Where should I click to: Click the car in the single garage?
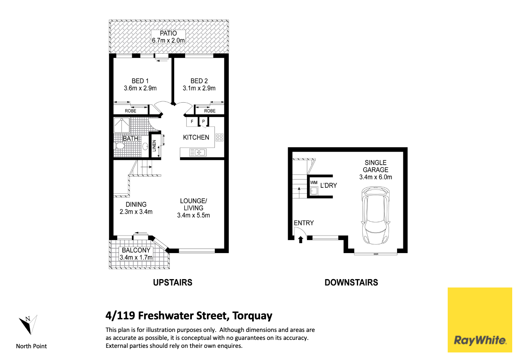click(375, 215)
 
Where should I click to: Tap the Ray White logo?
click(480, 320)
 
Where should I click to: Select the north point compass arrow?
click(28, 324)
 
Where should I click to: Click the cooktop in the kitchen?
click(219, 137)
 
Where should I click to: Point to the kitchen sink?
click(197, 153)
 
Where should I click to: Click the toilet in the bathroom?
click(119, 146)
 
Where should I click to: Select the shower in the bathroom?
click(121, 125)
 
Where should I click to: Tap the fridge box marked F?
click(192, 122)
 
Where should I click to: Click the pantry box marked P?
click(204, 122)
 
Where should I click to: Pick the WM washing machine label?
click(314, 183)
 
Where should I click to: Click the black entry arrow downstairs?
click(301, 239)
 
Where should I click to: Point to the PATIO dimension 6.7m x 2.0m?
click(168, 41)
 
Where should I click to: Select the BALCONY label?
click(136, 250)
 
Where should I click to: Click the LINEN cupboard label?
click(154, 146)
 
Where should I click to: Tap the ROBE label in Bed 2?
click(210, 111)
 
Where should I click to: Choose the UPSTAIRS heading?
click(173, 282)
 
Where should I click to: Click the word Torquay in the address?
click(253, 316)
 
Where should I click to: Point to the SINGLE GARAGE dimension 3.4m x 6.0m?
click(375, 177)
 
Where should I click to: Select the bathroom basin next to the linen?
click(145, 146)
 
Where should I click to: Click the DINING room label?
click(136, 205)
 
